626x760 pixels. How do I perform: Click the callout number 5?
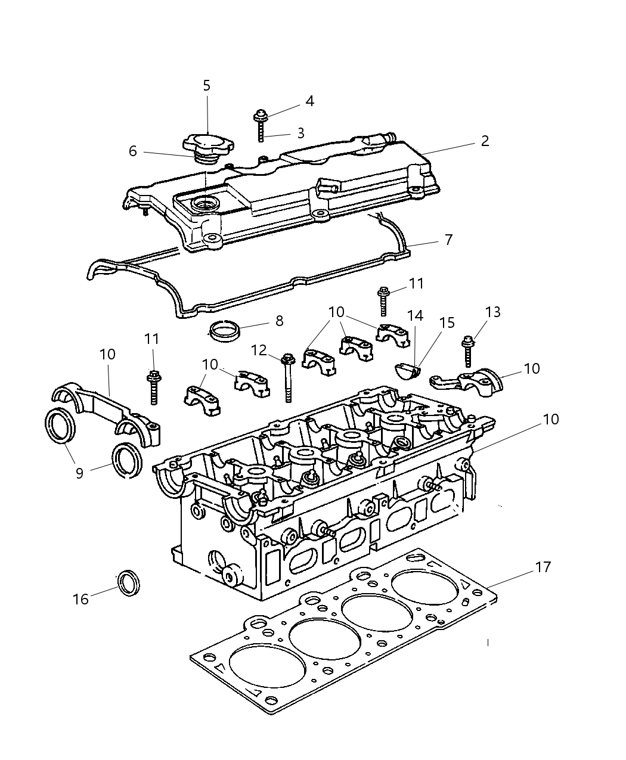click(207, 86)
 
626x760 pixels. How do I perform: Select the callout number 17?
click(543, 567)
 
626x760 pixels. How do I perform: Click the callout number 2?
click(485, 141)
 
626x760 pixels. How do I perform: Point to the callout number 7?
click(448, 240)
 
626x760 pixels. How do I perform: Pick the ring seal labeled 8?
click(222, 329)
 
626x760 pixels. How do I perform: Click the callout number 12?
click(259, 350)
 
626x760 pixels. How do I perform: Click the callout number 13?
click(492, 312)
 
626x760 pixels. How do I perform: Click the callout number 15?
click(447, 323)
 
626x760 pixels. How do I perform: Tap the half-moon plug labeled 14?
click(407, 371)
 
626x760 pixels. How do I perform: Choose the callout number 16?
click(80, 598)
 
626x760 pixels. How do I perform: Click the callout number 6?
click(132, 151)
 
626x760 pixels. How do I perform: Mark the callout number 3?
click(300, 133)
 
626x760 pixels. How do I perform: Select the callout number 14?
click(415, 315)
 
